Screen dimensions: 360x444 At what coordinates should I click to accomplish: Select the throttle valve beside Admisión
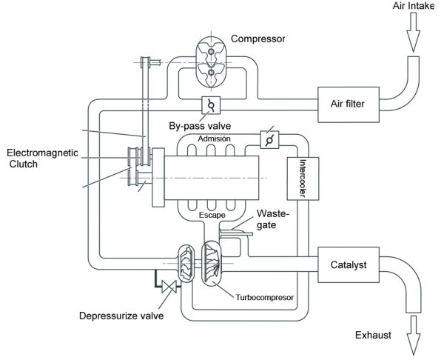(266, 139)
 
